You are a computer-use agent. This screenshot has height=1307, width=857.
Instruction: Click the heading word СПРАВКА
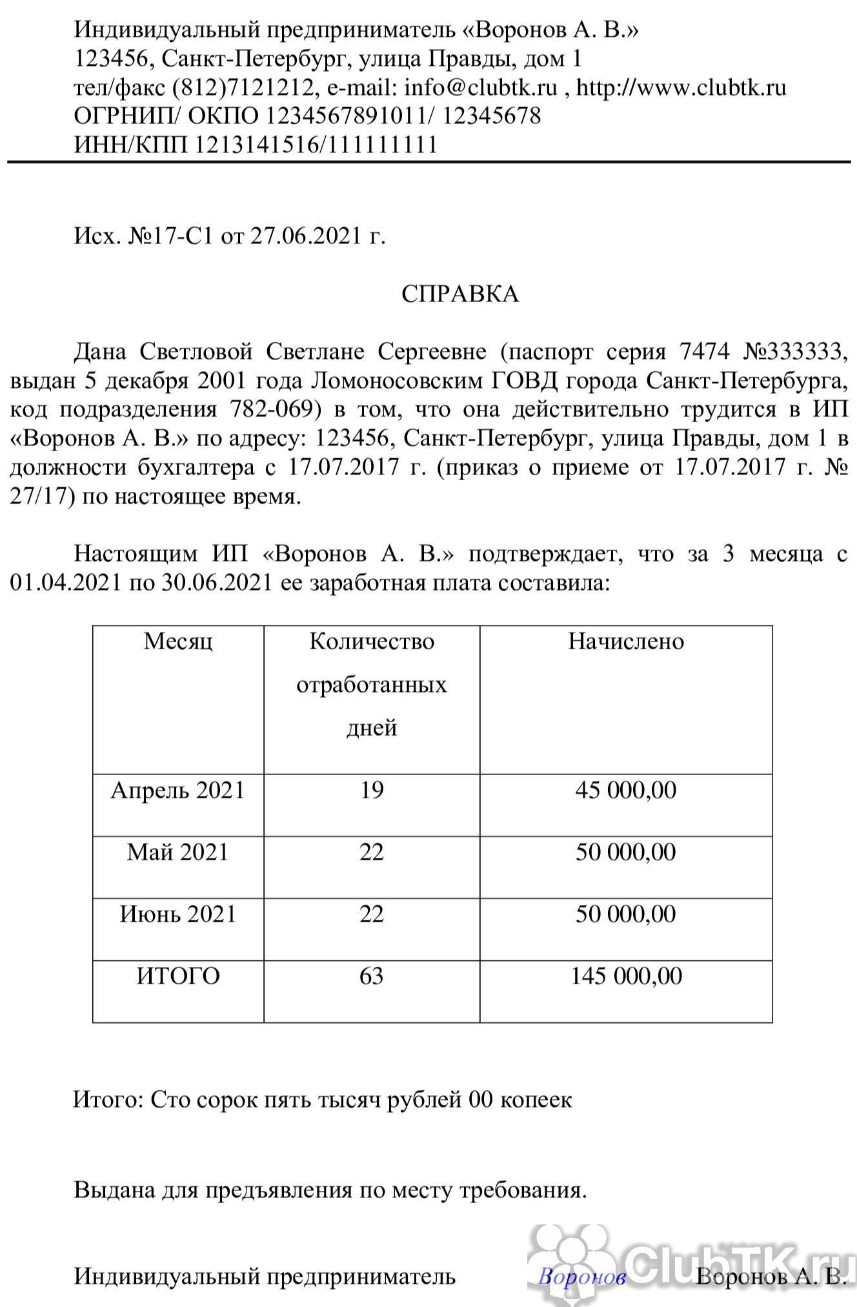(459, 294)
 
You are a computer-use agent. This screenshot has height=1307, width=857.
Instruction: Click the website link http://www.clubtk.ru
(681, 87)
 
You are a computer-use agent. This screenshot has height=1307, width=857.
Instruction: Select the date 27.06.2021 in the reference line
(305, 236)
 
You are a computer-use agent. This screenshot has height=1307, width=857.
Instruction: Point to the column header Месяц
(178, 641)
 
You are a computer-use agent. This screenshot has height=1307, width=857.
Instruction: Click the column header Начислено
(625, 641)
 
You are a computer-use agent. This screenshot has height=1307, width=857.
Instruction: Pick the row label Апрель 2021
(178, 790)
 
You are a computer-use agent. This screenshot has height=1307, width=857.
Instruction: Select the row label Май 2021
(178, 852)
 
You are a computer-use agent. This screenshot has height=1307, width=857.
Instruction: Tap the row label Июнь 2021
(178, 914)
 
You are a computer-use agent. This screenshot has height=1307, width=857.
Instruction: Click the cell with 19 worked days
(372, 790)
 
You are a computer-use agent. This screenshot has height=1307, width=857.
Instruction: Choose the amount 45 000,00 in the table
(625, 790)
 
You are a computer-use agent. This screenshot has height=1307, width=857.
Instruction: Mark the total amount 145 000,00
(625, 976)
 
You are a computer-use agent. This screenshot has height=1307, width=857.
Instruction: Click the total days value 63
(372, 976)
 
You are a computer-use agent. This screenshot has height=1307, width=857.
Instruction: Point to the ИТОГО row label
(178, 976)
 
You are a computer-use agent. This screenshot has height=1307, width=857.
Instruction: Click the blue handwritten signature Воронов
(581, 1277)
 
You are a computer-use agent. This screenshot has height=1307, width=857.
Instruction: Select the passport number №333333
(794, 352)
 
